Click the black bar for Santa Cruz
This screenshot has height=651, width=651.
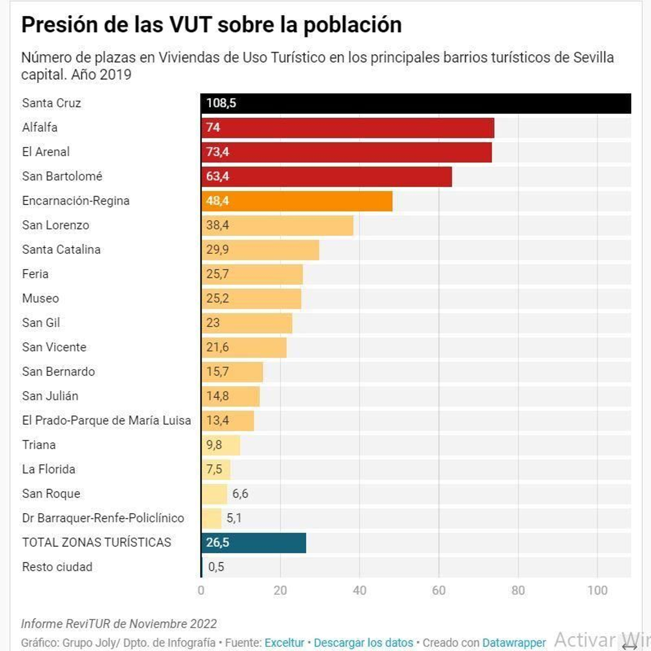[415, 103]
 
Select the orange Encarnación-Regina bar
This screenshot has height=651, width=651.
[297, 201]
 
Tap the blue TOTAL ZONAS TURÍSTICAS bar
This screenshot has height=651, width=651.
[253, 543]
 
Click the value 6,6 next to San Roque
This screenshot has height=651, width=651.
[240, 494]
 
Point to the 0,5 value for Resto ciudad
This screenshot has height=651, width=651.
[216, 567]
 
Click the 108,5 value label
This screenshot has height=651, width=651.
[221, 103]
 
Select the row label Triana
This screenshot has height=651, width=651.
[39, 445]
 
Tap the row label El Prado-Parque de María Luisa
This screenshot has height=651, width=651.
[107, 421]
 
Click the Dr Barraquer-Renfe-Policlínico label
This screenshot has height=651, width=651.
[103, 518]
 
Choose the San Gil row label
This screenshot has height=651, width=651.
[41, 323]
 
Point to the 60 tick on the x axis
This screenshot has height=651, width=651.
[439, 590]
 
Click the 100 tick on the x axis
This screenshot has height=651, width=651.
[597, 590]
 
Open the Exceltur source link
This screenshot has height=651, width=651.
[284, 643]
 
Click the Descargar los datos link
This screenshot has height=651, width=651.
[363, 643]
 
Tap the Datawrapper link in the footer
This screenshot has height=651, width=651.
[514, 643]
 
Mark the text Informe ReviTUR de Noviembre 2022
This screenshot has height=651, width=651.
[119, 624]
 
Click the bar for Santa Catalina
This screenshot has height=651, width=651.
[260, 250]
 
